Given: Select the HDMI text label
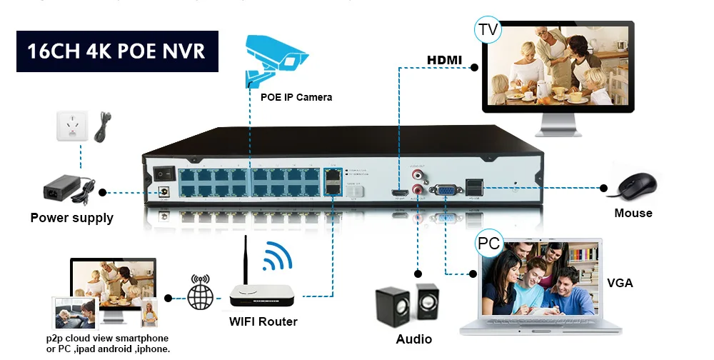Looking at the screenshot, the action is coord(445,59).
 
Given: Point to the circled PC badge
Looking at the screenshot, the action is coord(488,243).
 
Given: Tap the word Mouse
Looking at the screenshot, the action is coord(633,213).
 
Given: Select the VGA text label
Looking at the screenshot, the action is coord(620,283).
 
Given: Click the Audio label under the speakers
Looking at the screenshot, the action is coord(414,339).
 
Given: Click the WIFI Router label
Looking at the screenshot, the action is coord(263,321).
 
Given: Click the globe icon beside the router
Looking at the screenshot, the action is coord(201,296).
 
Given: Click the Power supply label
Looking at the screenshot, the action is coord(71,218).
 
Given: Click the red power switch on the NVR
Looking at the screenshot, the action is coord(164,174).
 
